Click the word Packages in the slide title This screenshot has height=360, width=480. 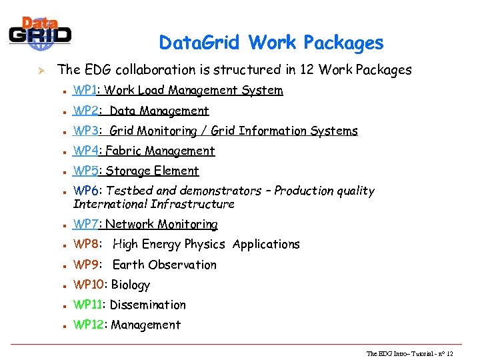pyautogui.click(x=344, y=43)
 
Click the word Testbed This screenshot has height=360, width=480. pyautogui.click(x=129, y=191)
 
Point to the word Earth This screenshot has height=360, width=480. pyautogui.click(x=127, y=265)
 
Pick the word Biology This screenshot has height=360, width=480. pyautogui.click(x=131, y=285)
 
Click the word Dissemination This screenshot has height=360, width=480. pyautogui.click(x=147, y=305)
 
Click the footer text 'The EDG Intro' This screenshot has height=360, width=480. pyautogui.click(x=387, y=353)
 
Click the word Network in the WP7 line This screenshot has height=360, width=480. pyautogui.click(x=127, y=225)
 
